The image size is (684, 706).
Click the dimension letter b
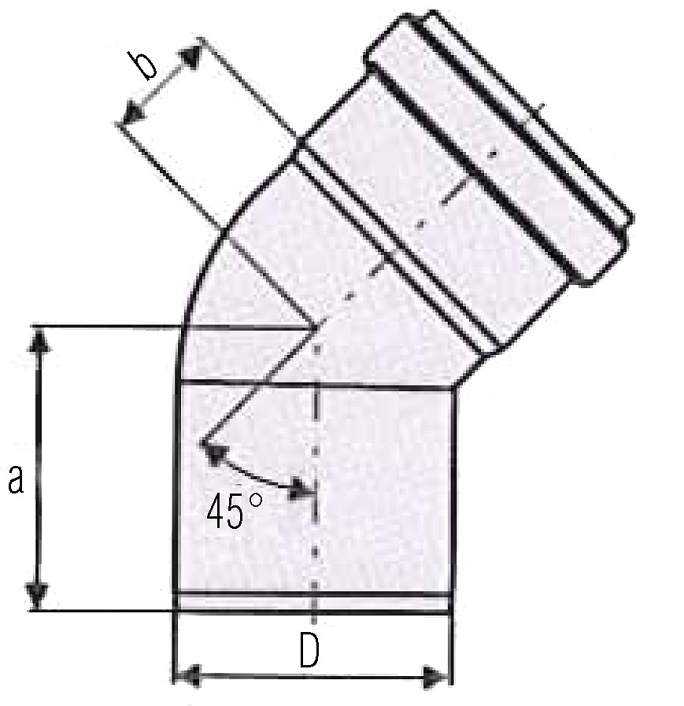[142, 65]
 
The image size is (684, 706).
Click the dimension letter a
[16, 479]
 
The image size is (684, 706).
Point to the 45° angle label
[234, 510]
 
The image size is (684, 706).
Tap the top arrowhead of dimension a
[40, 340]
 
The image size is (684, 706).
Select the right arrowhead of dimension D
[435, 676]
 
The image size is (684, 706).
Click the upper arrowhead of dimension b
[190, 55]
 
